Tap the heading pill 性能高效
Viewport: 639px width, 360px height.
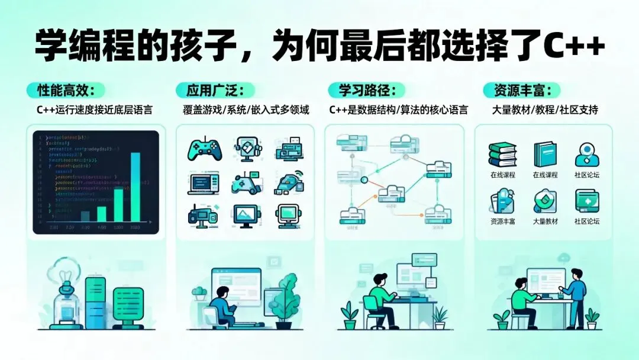coord(65,91)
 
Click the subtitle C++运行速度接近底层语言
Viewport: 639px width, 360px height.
coord(94,110)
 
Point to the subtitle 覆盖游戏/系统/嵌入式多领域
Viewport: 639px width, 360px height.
coord(246,110)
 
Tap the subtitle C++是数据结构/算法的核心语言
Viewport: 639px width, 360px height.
coord(398,110)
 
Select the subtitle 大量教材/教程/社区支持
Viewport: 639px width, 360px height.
coord(545,110)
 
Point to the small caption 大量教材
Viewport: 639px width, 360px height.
coord(545,221)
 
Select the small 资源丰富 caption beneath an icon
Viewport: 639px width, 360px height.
coord(503,221)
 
